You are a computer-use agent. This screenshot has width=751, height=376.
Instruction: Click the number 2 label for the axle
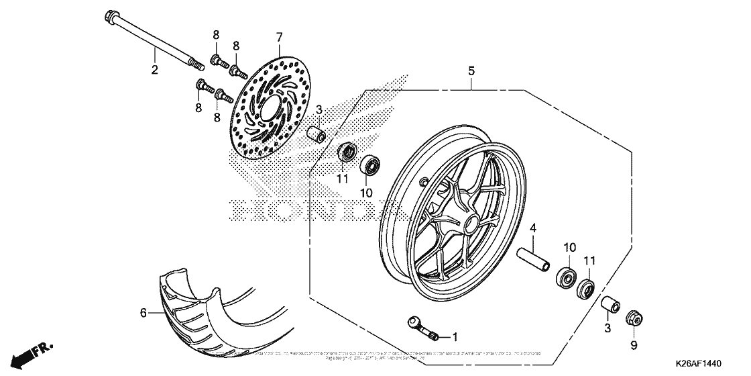[x=154, y=69]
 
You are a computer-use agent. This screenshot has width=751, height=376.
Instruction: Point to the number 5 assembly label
[x=471, y=70]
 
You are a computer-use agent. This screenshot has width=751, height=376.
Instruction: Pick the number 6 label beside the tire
[x=142, y=312]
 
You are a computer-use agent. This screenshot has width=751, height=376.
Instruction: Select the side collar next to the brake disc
[x=316, y=134]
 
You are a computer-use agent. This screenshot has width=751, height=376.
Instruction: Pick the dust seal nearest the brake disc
[x=347, y=152]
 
